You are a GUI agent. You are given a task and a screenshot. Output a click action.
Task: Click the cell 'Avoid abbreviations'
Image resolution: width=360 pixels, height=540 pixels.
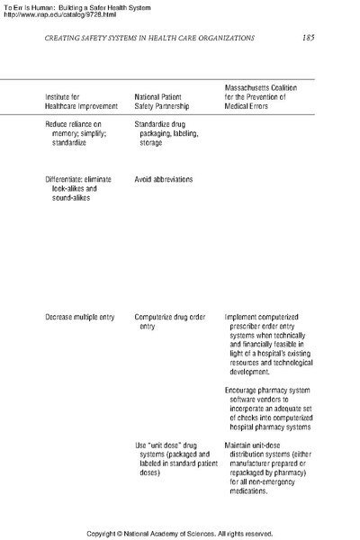click(164, 179)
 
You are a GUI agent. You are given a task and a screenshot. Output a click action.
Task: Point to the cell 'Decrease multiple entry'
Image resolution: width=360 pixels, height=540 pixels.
click(84, 318)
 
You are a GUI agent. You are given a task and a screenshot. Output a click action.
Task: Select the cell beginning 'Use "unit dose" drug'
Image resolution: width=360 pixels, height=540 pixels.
click(171, 459)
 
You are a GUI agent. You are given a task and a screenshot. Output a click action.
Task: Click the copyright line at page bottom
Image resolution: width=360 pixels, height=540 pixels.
click(180, 534)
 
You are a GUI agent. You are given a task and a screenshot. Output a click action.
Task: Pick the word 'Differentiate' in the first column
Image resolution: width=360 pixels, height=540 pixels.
click(67, 179)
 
